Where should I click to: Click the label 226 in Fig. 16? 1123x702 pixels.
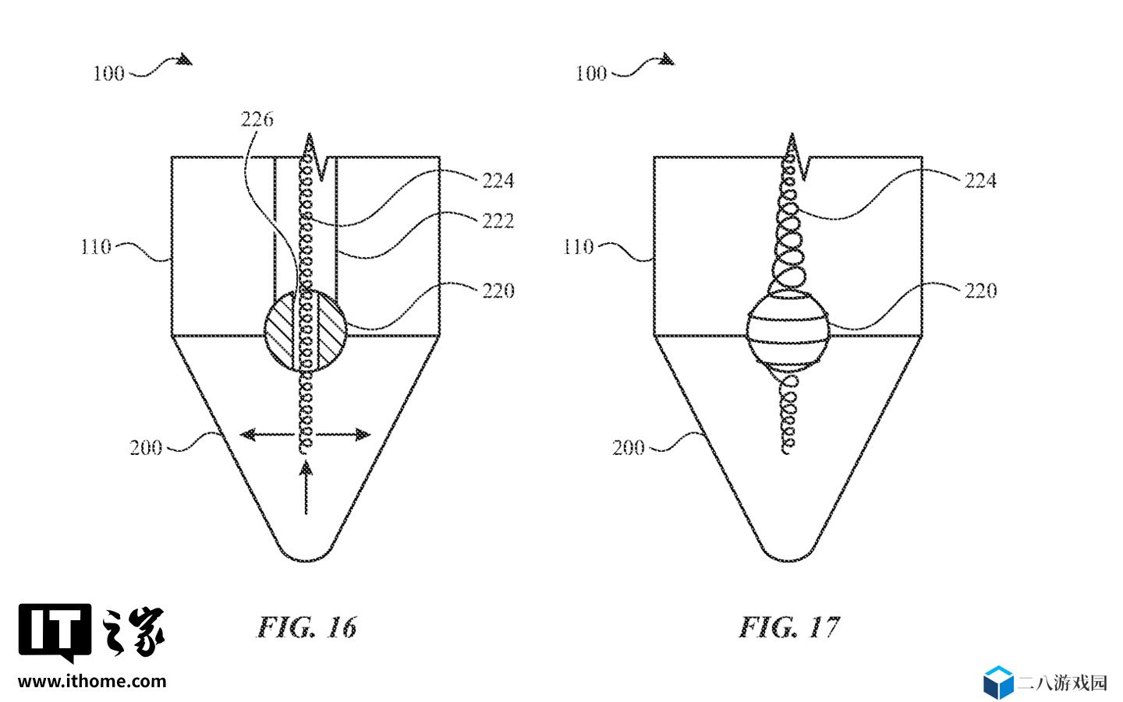click(257, 120)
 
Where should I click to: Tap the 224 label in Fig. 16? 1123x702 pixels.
click(498, 181)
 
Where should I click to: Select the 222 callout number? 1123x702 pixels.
click(498, 220)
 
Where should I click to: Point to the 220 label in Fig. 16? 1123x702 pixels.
click(498, 291)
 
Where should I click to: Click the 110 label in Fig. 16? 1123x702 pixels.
click(96, 247)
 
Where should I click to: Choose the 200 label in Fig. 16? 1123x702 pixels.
click(145, 448)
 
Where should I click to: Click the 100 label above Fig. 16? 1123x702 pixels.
click(109, 73)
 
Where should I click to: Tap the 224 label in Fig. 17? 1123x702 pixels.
click(980, 181)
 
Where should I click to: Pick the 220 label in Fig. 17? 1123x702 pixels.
click(980, 291)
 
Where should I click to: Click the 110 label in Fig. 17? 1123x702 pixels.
click(578, 247)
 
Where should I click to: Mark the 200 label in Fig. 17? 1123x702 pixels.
click(628, 448)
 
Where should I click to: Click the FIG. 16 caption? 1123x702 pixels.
click(306, 627)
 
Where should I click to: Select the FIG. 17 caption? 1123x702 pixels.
click(789, 627)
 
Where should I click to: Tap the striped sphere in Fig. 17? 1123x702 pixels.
click(788, 332)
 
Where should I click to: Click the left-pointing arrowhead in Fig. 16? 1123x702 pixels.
click(248, 434)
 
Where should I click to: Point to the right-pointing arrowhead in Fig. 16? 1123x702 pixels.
click(363, 434)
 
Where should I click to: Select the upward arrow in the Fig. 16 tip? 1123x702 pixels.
click(306, 488)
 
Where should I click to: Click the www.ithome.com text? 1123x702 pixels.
click(92, 682)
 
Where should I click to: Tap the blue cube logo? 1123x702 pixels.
click(998, 682)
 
